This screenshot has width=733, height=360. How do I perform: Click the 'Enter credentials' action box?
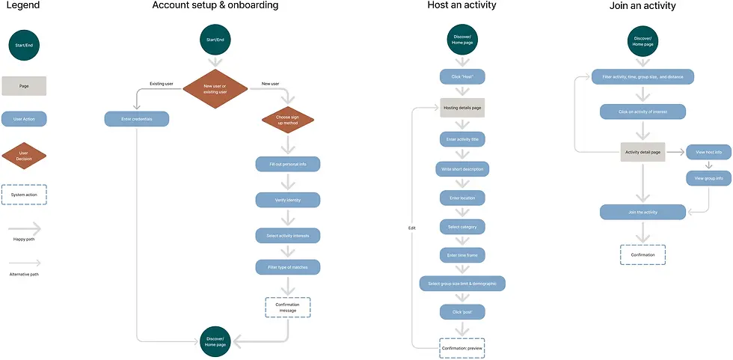coord(136,118)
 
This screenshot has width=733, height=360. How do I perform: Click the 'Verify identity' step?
coord(287,200)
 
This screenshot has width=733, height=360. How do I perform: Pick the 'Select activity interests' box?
coord(287,236)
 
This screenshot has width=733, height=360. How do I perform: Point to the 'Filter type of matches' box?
coord(287,266)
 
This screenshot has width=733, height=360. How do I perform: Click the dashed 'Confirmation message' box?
coord(287,308)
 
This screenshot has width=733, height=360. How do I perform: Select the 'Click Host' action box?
coord(461,76)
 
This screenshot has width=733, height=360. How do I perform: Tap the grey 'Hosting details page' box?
coord(461,109)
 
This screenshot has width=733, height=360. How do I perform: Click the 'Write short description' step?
coord(461,169)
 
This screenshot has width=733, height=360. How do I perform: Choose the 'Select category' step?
coord(461,226)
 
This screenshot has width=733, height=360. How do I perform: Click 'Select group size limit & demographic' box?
coord(461,283)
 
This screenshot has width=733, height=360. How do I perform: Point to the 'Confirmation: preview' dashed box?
coord(461,347)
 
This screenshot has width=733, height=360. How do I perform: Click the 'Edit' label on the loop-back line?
coord(411,228)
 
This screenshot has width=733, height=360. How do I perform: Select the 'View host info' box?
coord(708,152)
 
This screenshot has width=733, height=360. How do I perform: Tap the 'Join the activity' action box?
coord(642,213)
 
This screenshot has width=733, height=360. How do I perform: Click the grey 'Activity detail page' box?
coord(642,152)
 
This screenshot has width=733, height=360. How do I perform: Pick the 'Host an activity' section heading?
coord(461,6)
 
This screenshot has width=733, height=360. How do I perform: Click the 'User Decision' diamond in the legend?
coord(24,156)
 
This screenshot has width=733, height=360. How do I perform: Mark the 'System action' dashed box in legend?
coord(24,195)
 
